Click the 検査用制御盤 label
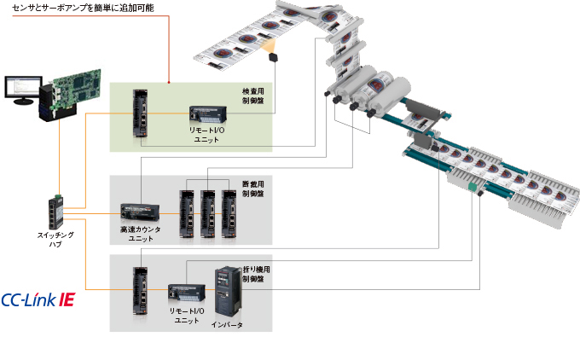pos(253,95)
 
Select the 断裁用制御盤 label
pos(252,189)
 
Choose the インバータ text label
pos(227,325)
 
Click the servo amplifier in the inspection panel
pos(141,113)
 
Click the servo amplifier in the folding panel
pos(141,290)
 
